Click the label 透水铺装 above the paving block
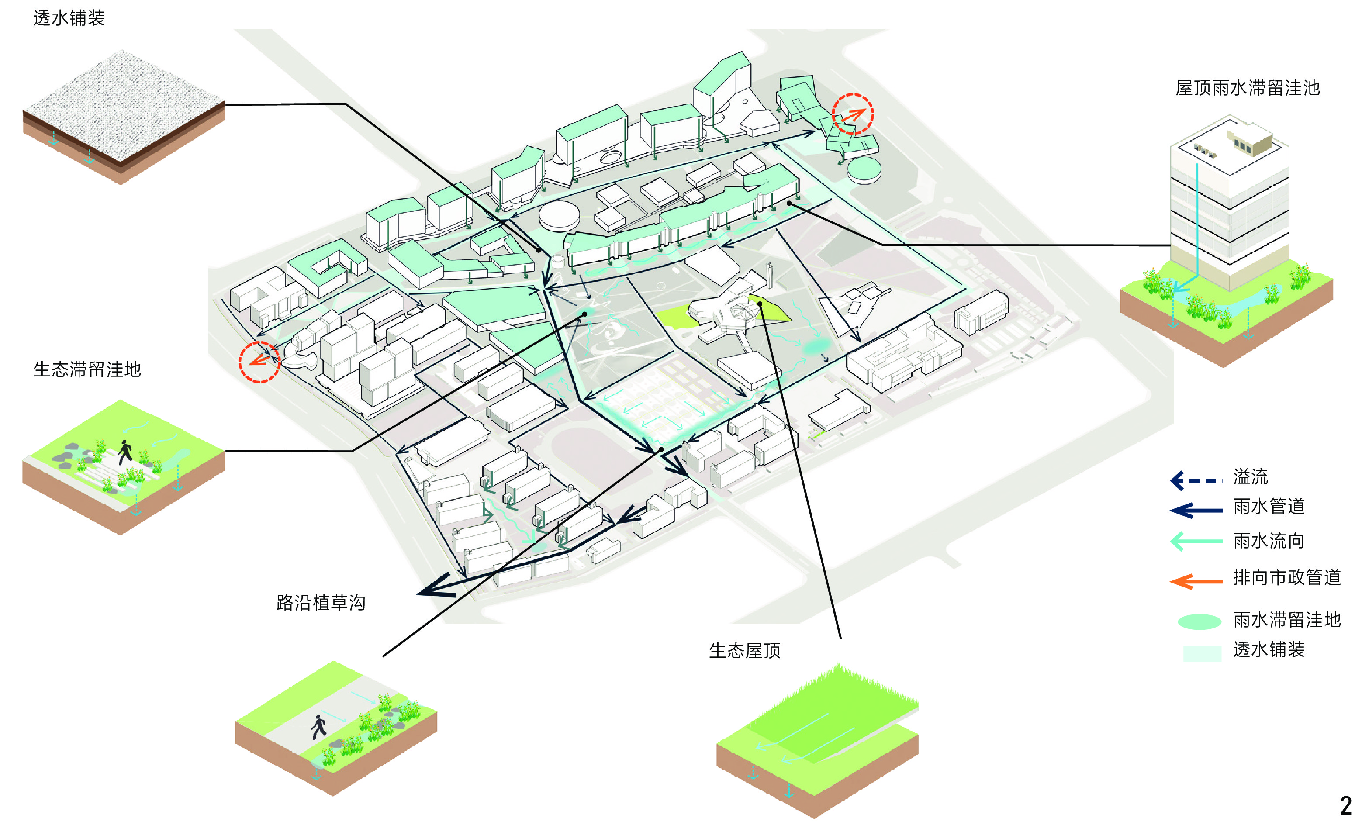pos(69,18)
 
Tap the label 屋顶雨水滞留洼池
pos(1247,88)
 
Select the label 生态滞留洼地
pos(87,369)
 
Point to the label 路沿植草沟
pos(321,602)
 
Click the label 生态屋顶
pos(745,650)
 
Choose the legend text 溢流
pos(1250,476)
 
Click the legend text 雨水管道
pos(1269,506)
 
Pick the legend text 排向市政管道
pos(1287,577)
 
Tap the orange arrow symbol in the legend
pos(1196,581)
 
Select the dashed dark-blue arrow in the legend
pos(1196,480)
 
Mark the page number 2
pos(1345,806)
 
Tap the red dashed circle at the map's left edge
pos(259,362)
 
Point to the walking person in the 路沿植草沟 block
pos(318,726)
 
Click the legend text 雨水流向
pos(1269,540)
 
